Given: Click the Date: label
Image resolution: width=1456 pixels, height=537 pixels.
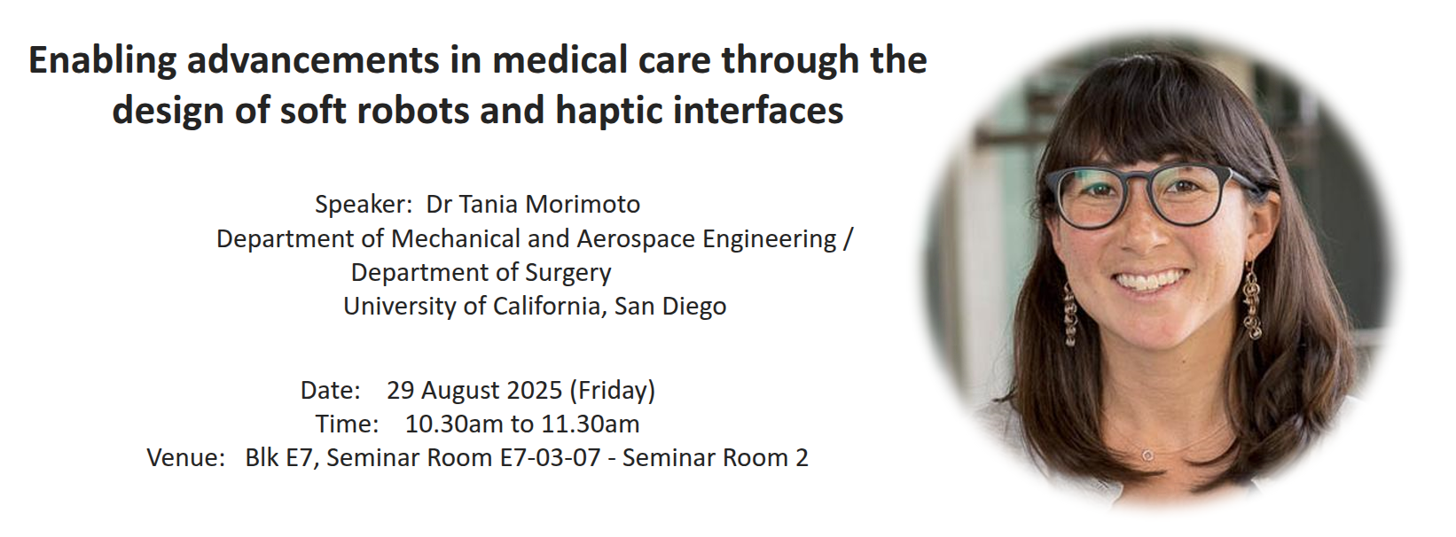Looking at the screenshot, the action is (330, 390).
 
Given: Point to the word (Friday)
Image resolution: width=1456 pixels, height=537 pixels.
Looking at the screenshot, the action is (613, 391).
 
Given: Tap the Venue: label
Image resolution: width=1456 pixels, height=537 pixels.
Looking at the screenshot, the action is (186, 458).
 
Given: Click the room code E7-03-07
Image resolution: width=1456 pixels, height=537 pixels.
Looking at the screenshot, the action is (550, 458).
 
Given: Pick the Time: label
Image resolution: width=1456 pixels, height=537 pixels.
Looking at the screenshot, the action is (347, 424).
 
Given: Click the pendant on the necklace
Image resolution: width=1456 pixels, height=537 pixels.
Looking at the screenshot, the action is (1148, 455).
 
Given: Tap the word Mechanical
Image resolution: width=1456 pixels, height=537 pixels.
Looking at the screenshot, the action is (455, 239).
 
